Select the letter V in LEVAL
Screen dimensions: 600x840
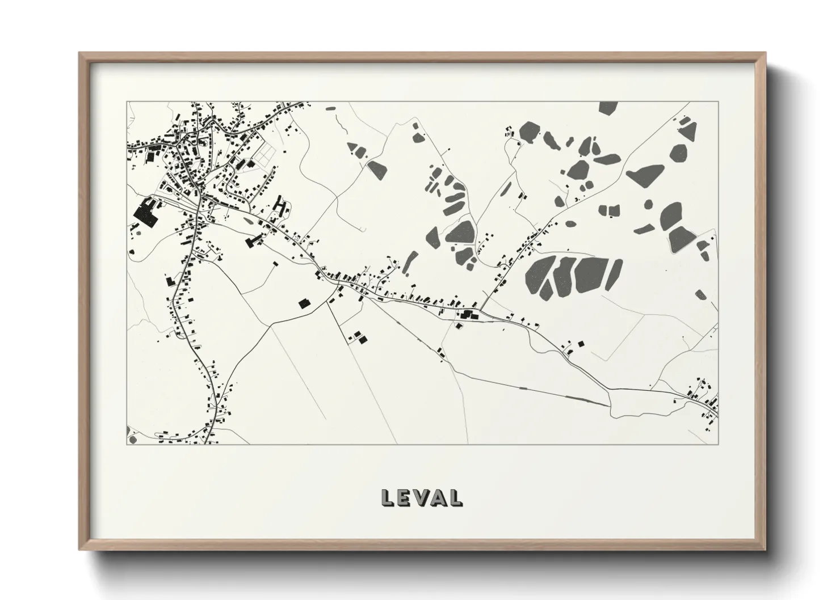click(421, 497)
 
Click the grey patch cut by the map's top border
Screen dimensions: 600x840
click(608, 108)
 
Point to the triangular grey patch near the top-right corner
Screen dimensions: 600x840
click(688, 131)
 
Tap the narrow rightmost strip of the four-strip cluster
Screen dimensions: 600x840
click(615, 276)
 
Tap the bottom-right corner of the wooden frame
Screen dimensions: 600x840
click(766, 550)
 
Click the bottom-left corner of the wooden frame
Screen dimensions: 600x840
click(79, 550)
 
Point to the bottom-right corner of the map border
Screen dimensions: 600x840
click(718, 444)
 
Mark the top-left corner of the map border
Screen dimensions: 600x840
click(127, 102)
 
